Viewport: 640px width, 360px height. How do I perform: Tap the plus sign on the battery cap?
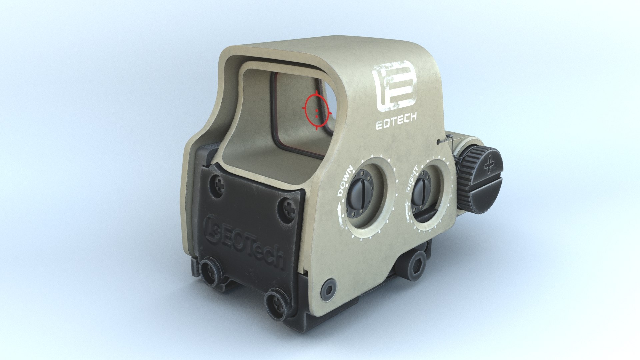(489, 165)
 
